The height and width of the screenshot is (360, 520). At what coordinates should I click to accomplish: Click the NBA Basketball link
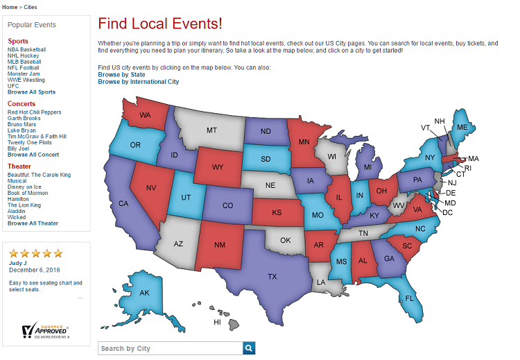click(26, 49)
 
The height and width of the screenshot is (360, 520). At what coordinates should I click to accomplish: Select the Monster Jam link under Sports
click(24, 74)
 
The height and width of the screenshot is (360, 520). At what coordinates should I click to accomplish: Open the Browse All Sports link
click(31, 92)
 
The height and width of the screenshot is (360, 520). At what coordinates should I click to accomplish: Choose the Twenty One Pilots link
click(30, 142)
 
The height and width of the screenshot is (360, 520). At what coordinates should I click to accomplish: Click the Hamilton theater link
click(19, 198)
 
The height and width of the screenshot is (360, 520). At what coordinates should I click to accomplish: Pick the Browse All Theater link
click(33, 223)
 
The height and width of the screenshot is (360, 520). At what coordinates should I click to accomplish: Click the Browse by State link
click(121, 74)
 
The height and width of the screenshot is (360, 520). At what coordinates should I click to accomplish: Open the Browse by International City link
click(138, 82)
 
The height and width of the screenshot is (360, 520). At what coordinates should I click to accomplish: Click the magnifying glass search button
click(249, 348)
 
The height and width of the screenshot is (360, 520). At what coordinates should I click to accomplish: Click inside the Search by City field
click(170, 348)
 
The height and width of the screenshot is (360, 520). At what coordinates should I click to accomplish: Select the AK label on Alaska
click(144, 293)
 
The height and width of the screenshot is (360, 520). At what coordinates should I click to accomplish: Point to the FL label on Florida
click(409, 298)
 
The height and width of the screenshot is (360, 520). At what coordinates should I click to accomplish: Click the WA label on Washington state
click(146, 115)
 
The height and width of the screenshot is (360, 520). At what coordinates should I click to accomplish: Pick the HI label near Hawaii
click(217, 322)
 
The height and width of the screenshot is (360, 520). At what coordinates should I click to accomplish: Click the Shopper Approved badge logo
click(45, 330)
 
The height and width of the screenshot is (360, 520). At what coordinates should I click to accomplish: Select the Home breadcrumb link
click(10, 7)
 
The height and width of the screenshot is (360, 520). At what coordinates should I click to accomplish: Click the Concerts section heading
click(21, 104)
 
